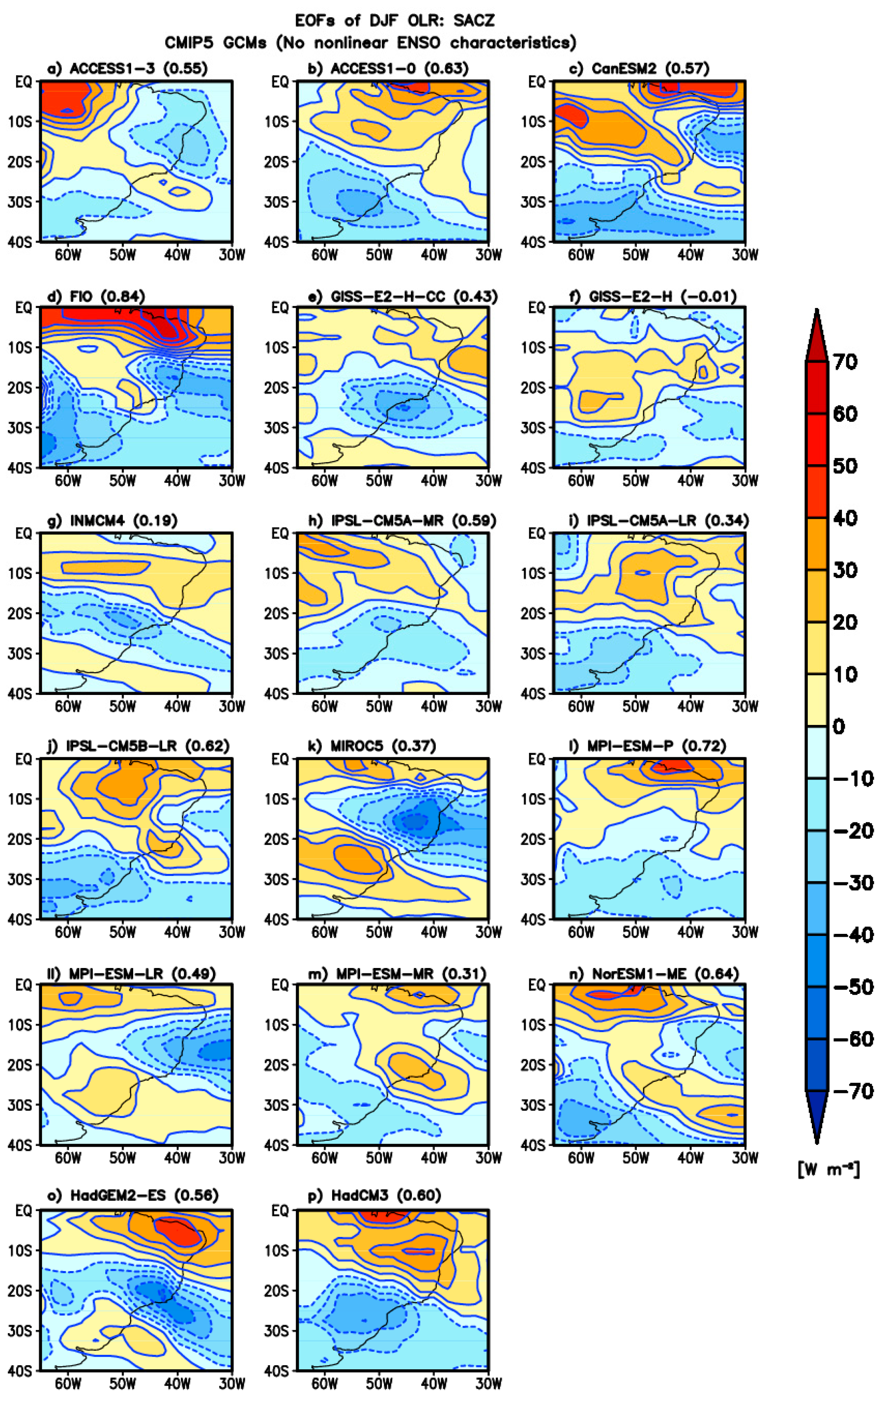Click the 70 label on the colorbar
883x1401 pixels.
point(845,362)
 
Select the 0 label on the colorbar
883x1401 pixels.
point(838,726)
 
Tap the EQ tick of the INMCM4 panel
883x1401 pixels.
point(24,533)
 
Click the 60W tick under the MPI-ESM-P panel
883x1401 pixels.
point(580,932)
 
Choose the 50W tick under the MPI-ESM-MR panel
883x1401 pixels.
point(379,1158)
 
